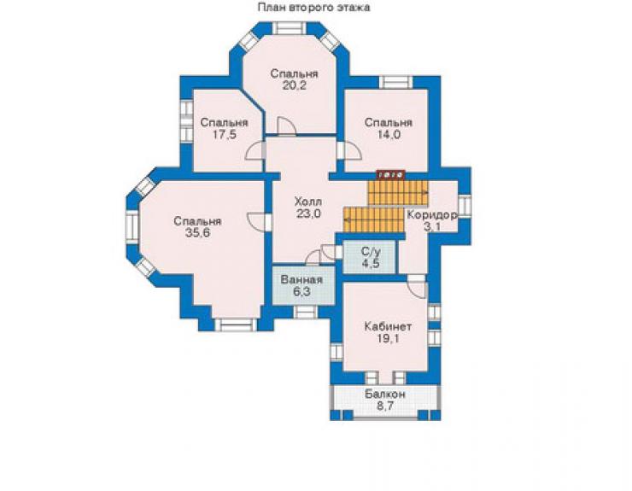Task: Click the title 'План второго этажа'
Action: coord(313,7)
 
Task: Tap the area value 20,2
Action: coord(295,85)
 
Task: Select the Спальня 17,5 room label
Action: coord(224,128)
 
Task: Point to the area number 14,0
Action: coord(389,135)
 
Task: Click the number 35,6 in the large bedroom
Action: coord(197,232)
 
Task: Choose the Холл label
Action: coord(308,202)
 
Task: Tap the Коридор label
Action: coord(432,215)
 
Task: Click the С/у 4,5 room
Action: coord(369,257)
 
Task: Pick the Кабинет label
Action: coord(388,326)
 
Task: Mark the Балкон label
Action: coord(385,394)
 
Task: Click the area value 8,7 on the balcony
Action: coord(385,406)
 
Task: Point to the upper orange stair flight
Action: coord(398,193)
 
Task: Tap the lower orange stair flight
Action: coord(373,220)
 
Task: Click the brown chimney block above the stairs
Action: coord(390,174)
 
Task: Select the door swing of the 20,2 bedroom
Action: coord(286,126)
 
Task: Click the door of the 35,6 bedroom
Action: coord(257,222)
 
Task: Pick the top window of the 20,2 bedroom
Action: coord(289,28)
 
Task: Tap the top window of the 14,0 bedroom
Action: coord(395,82)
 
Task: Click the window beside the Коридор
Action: coord(465,207)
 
